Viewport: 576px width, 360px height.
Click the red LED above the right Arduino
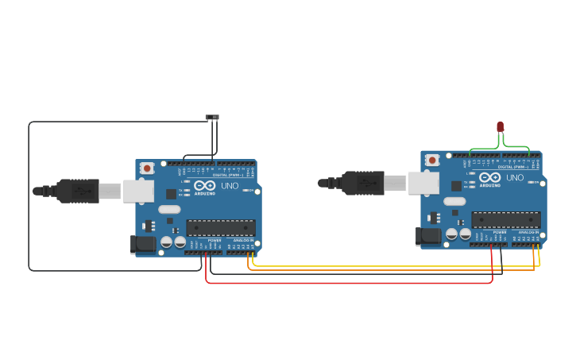(500, 126)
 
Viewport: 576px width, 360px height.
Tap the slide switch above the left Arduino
(212, 118)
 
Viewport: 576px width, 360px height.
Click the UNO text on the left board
(230, 185)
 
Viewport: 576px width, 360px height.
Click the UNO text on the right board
(515, 177)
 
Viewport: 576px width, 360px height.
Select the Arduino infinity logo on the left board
(204, 185)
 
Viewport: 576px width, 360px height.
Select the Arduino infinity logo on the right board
(489, 177)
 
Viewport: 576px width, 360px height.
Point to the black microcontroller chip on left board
(220, 227)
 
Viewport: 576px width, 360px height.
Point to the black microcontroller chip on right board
(505, 219)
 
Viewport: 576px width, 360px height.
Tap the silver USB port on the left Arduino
(138, 191)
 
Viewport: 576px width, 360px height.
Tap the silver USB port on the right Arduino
(423, 183)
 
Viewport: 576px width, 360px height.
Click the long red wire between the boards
(350, 283)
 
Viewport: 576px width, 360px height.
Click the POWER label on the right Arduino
(500, 233)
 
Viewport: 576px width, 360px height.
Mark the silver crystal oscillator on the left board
(169, 209)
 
